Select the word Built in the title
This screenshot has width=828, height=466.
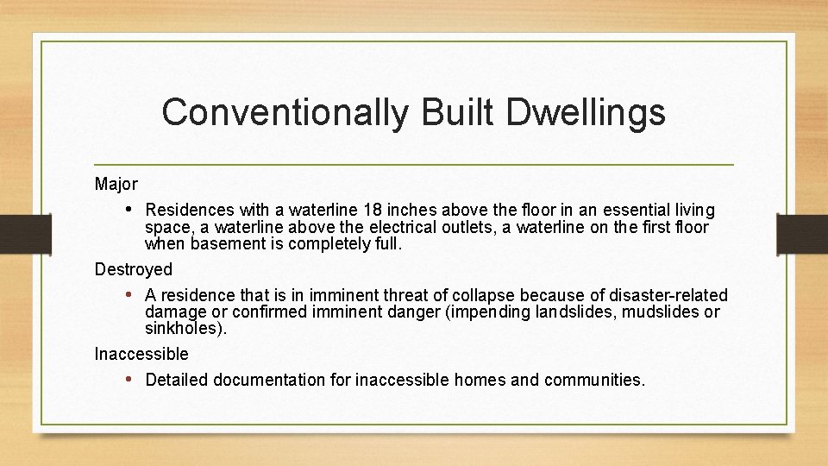click(x=446, y=113)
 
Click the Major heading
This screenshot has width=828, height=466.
click(x=116, y=184)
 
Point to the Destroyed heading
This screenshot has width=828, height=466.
click(x=134, y=269)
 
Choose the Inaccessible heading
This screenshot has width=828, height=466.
click(x=141, y=354)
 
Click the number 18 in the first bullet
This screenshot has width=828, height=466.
click(x=373, y=210)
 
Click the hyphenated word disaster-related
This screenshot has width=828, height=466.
click(x=665, y=295)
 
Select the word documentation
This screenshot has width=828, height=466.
click(x=269, y=380)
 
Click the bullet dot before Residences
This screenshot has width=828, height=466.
click(x=129, y=210)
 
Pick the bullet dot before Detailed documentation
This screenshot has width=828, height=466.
click(x=129, y=380)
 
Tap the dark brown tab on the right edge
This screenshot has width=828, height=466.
click(x=802, y=232)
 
